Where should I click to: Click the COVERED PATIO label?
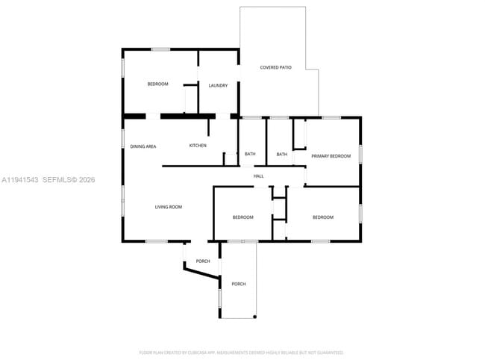[x=275, y=68]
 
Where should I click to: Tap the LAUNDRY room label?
[x=218, y=86]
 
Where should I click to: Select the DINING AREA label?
[x=143, y=146]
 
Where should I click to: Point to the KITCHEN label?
[x=198, y=146]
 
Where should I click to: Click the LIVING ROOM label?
[x=169, y=207]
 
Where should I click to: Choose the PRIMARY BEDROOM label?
[x=331, y=156]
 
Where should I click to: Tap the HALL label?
[x=259, y=176]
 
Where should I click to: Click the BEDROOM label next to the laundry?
[x=157, y=84]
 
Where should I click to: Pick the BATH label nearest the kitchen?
[x=250, y=155]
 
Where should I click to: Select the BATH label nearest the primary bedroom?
[x=282, y=155]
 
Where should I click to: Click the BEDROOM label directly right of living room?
[x=242, y=217]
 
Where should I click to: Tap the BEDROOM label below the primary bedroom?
[x=322, y=217]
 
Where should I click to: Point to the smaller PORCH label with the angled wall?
[x=203, y=261]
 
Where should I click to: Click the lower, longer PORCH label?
[x=238, y=285]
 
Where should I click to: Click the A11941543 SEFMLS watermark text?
[x=48, y=180]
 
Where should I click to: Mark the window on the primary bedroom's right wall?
[x=360, y=154]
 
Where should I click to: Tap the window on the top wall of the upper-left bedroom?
[x=160, y=49]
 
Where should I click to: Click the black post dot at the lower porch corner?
[x=255, y=317]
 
